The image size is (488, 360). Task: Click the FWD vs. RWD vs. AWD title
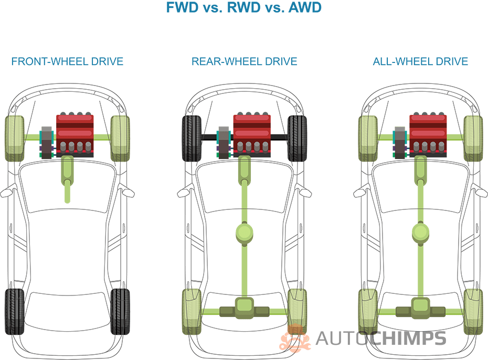point(243,8)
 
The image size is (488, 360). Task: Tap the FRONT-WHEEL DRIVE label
point(67,62)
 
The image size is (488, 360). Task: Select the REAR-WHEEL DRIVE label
point(244,62)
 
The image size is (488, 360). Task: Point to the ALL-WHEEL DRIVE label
point(420,62)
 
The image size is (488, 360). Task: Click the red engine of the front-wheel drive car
point(75,135)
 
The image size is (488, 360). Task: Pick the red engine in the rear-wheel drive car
point(251,135)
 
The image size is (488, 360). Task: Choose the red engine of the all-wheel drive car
point(428,135)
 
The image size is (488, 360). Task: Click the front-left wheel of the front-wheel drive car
point(15,138)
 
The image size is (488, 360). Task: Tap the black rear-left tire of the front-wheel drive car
point(15,312)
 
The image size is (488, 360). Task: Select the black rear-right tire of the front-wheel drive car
point(120,312)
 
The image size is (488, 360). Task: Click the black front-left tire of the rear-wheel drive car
point(192,138)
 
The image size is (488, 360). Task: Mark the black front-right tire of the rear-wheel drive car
point(298,138)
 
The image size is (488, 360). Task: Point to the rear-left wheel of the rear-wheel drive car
point(192,311)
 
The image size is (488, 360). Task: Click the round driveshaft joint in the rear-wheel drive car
point(245,233)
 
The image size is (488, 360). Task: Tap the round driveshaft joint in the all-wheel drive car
point(421,233)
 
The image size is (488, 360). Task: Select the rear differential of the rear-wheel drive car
point(245,308)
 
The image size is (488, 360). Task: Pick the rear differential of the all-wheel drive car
point(421,308)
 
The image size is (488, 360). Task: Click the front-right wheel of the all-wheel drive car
point(473,138)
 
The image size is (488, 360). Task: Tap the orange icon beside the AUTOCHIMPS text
point(295,338)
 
